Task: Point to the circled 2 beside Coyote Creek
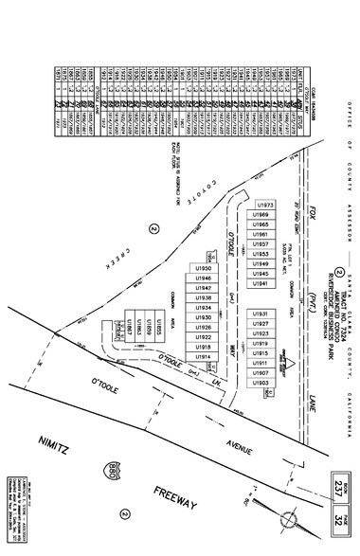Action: [x=151, y=227]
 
